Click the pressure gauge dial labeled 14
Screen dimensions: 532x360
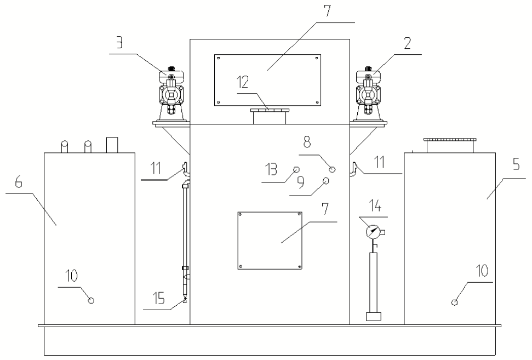pos(373,232)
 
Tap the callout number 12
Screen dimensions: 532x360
pos(243,82)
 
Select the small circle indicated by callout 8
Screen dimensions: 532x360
pos(333,169)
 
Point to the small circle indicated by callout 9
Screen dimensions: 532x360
pos(326,180)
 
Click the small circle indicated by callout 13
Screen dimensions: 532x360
pos(296,169)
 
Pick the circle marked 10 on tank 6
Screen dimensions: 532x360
pos(91,300)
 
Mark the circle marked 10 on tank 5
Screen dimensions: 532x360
pos(455,302)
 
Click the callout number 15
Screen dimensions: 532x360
pos(158,299)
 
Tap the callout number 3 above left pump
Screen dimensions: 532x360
pos(119,43)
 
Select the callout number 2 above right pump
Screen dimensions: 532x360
pos(408,43)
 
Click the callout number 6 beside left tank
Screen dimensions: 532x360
pos(19,182)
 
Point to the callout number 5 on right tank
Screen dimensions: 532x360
pos(516,165)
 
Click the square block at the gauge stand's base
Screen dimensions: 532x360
pos(374,316)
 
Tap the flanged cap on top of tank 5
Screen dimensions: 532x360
pos(450,145)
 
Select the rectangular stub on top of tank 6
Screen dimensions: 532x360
pos(112,145)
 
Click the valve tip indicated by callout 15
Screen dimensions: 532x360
pos(185,301)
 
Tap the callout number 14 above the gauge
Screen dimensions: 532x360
pos(375,206)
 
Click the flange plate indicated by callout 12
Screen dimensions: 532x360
pos(270,110)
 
